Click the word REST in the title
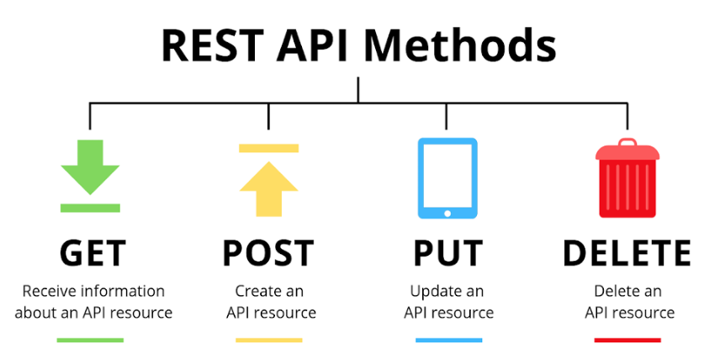click(214, 46)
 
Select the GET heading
click(93, 253)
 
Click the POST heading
click(268, 253)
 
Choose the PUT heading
click(447, 253)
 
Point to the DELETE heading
click(627, 253)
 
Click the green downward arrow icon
click(91, 167)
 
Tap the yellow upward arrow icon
click(269, 188)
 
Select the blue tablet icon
click(447, 178)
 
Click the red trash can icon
click(627, 178)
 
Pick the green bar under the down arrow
click(91, 208)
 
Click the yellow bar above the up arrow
click(269, 148)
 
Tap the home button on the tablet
click(447, 213)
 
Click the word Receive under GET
click(50, 291)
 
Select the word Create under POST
click(257, 291)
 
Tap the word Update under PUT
click(433, 292)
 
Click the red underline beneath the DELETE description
click(627, 341)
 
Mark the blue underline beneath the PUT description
click(448, 341)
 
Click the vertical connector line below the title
click(358, 89)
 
